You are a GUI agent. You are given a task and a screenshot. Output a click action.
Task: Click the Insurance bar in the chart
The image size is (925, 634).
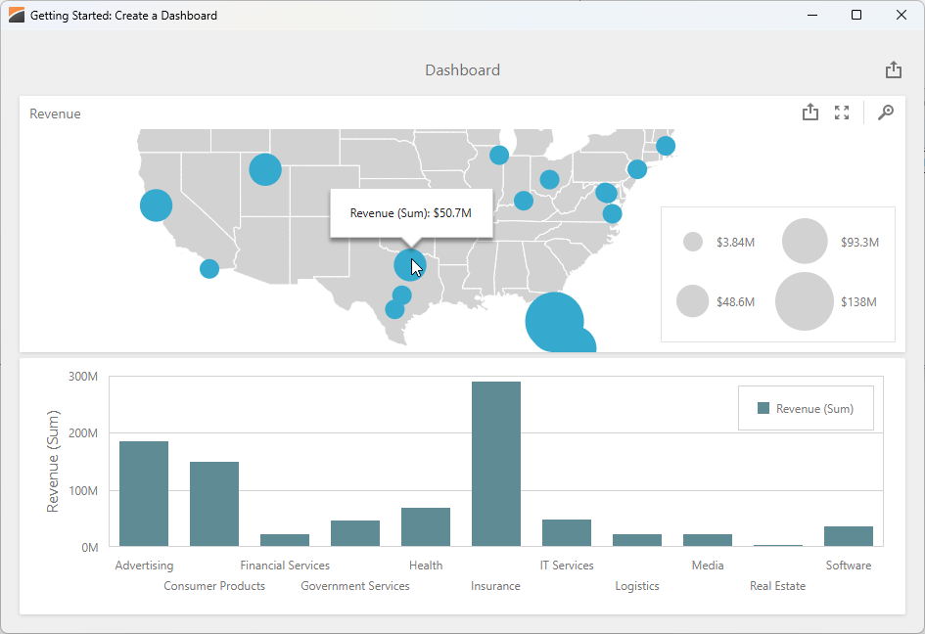495,464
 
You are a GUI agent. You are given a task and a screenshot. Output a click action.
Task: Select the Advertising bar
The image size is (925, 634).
144,493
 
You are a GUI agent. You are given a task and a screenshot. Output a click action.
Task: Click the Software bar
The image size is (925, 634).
848,536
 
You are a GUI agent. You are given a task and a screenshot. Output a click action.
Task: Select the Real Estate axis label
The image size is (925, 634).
777,586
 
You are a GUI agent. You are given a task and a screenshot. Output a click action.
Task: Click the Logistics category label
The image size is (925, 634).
636,586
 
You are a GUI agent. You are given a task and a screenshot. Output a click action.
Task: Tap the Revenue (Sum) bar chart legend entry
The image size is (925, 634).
805,409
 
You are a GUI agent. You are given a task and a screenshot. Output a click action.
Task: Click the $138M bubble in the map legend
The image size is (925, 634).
805,301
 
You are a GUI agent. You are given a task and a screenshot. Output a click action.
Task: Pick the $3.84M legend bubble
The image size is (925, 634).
693,242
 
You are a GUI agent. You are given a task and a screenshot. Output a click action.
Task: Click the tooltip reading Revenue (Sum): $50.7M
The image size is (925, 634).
410,213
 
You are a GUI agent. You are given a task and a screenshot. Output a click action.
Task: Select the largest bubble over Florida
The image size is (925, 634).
554,321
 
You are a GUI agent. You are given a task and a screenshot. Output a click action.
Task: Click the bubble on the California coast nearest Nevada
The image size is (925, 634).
156,205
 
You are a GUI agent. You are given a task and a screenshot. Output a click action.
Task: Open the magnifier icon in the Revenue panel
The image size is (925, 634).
885,113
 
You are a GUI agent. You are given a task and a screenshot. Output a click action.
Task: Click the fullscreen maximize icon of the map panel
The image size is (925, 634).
841,113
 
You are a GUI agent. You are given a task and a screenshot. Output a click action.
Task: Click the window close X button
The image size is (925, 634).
902,15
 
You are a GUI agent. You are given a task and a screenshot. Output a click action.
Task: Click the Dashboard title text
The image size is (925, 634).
462,70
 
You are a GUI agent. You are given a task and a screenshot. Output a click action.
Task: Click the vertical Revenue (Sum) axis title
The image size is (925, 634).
53,461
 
